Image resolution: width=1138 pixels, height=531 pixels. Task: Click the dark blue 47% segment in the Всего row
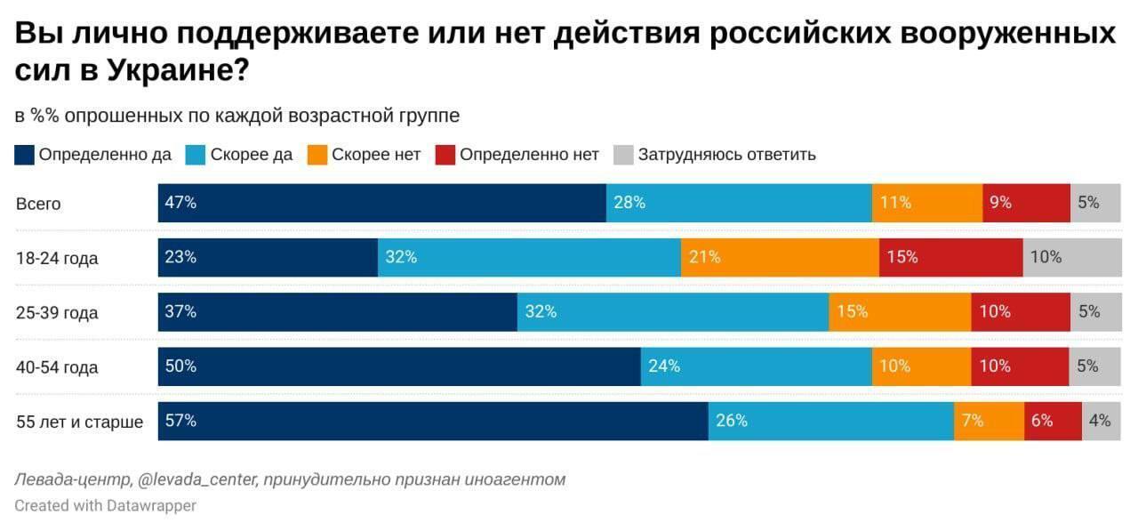382,203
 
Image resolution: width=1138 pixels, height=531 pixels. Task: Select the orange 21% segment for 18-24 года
780,258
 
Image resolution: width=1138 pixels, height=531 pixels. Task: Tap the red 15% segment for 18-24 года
950,258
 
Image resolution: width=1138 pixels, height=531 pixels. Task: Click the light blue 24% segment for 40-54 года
756,366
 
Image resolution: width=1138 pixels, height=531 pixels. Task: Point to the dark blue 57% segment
433,421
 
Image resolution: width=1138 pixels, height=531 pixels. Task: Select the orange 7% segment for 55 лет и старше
989,421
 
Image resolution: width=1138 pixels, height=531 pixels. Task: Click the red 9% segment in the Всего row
1026,203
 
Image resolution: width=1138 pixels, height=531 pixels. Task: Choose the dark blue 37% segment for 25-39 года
338,312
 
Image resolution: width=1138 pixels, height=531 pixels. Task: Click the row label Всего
38,204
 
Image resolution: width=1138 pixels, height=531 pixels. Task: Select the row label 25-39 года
57,313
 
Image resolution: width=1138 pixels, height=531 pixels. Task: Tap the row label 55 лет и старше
79,422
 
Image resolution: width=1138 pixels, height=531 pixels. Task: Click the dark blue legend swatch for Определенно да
25,155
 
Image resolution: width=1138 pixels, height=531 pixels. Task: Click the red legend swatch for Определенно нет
445,155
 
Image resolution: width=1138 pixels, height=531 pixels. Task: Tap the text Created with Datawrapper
105,505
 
